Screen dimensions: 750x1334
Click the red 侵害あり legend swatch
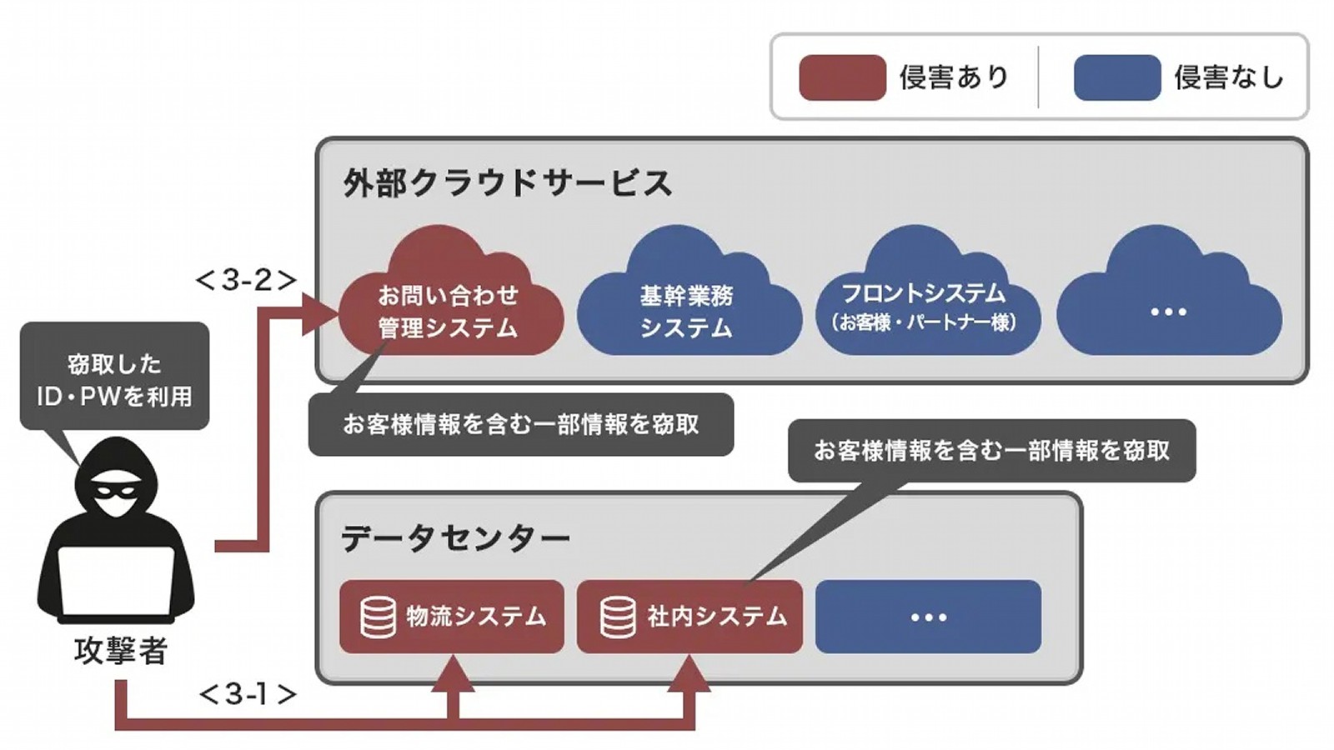pyautogui.click(x=842, y=77)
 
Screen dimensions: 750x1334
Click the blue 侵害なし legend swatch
pyautogui.click(x=1117, y=77)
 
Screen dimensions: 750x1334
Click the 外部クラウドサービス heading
pyautogui.click(x=507, y=182)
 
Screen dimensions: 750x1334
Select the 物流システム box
pyautogui.click(x=452, y=617)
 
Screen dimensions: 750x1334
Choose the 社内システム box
pyautogui.click(x=690, y=617)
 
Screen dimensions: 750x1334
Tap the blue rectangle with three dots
pyautogui.click(x=928, y=617)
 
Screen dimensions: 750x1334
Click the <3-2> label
pyautogui.click(x=246, y=280)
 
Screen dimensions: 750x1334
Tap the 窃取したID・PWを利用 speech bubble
pyautogui.click(x=114, y=378)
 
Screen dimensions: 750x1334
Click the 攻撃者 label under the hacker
pyautogui.click(x=121, y=650)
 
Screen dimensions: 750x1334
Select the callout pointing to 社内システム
pyautogui.click(x=991, y=451)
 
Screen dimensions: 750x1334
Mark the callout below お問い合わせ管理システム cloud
pyautogui.click(x=521, y=425)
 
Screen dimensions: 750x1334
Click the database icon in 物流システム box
pyautogui.click(x=378, y=617)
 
